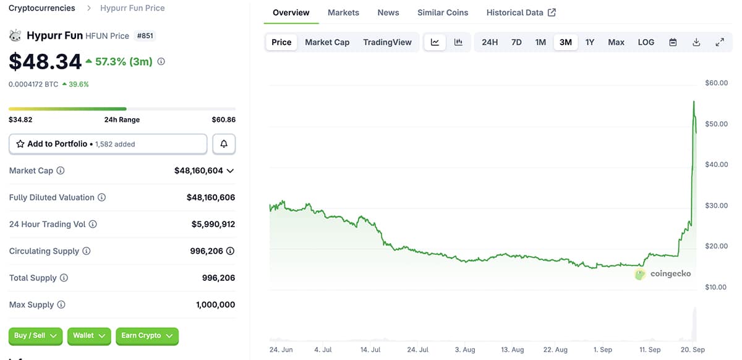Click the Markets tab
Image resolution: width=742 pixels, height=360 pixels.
coord(343,12)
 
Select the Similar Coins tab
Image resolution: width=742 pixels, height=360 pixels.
coord(443,12)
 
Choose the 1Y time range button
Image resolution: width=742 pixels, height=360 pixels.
coord(590,42)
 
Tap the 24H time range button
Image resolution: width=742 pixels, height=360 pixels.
coord(490,42)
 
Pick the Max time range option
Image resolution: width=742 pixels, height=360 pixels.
coord(616,42)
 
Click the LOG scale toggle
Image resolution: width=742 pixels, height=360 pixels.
coord(646,42)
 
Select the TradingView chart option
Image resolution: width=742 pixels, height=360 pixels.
coord(387,42)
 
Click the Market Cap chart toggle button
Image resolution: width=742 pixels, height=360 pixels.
coord(327,42)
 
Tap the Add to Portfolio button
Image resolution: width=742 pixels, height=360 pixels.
coord(108,144)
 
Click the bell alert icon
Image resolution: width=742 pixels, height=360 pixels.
coord(224,144)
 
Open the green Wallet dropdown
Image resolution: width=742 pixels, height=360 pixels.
coord(89,336)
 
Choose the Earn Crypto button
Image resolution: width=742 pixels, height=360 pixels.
coord(147,336)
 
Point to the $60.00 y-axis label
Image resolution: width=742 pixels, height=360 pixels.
coord(716,83)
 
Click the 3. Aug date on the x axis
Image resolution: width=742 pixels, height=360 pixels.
coord(465,349)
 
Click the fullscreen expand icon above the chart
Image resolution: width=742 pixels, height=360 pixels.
coord(720,42)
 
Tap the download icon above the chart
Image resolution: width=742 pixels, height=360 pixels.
coord(696,42)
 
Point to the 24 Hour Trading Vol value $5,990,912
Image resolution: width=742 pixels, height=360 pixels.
coord(213,225)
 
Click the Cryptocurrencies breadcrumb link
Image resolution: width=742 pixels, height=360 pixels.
coord(42,8)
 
